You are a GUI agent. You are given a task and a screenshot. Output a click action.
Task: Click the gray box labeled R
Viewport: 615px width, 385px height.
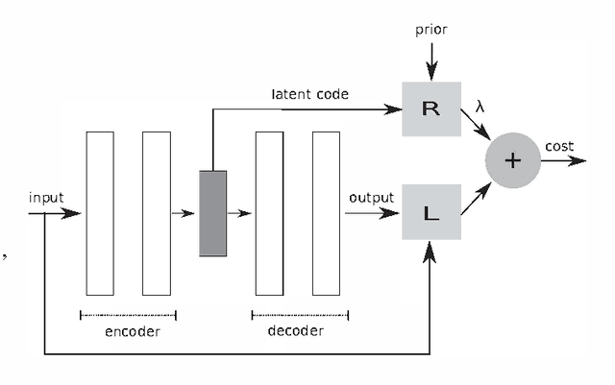pyautogui.click(x=430, y=108)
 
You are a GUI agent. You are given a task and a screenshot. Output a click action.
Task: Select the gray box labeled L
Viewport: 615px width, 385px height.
pyautogui.click(x=430, y=213)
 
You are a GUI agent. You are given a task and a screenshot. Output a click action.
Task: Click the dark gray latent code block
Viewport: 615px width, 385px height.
pyautogui.click(x=212, y=213)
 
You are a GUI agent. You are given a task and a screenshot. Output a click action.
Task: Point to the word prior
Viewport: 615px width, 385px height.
pyautogui.click(x=431, y=30)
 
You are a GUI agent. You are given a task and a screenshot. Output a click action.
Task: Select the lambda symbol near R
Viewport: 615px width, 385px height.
pyautogui.click(x=480, y=108)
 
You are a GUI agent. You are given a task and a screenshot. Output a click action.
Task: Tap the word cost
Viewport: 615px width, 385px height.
pyautogui.click(x=559, y=146)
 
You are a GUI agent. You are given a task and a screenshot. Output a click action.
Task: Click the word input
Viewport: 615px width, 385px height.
pyautogui.click(x=46, y=198)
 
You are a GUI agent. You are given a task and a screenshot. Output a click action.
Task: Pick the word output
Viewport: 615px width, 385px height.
pyautogui.click(x=371, y=198)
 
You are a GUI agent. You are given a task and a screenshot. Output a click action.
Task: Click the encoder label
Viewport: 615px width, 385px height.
pyautogui.click(x=132, y=331)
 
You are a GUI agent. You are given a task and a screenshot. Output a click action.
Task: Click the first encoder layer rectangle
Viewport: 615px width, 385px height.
pyautogui.click(x=100, y=213)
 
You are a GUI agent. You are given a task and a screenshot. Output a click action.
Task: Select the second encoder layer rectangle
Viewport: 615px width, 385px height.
pyautogui.click(x=157, y=213)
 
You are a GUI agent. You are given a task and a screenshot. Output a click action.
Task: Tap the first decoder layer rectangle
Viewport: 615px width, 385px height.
pyautogui.click(x=269, y=213)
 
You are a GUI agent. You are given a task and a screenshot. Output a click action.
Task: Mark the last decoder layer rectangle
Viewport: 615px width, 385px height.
pyautogui.click(x=326, y=213)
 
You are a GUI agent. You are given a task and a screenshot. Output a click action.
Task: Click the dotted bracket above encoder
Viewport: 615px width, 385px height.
pyautogui.click(x=129, y=314)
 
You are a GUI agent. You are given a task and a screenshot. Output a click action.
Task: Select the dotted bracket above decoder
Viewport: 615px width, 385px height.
pyautogui.click(x=300, y=314)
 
